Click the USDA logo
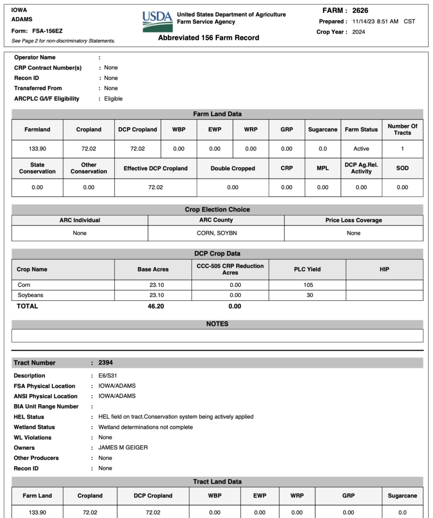coord(157,21)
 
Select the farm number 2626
coord(360,11)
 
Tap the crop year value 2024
coord(358,32)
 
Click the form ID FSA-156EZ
coord(47,31)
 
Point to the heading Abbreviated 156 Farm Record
coord(208,38)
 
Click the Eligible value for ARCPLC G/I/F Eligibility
coord(113,99)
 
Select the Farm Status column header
coord(361,129)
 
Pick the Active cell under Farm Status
coord(361,149)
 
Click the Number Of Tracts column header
coord(402,129)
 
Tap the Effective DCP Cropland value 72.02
coord(156,188)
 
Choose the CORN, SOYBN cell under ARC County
coord(216,233)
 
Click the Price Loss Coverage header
coord(353,220)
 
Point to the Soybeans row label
coord(30,295)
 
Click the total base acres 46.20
coord(156,306)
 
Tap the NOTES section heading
coord(217,324)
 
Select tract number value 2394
coord(105,363)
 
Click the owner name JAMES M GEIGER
coord(123,447)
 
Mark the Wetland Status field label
coord(34,427)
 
